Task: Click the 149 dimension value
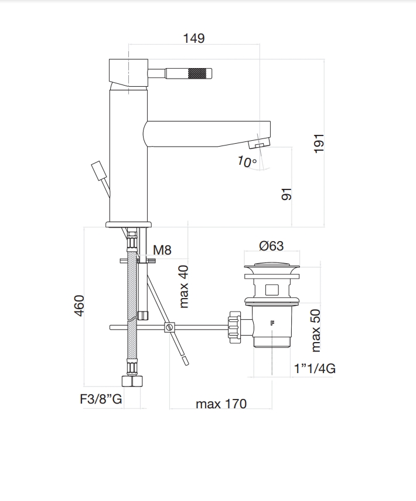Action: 193,39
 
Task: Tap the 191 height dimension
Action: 319,143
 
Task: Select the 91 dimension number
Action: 287,194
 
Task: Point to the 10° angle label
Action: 247,161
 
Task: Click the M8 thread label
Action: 162,250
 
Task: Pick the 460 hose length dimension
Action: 80,305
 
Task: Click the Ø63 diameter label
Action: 271,246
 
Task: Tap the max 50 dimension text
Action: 316,330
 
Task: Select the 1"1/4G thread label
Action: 315,368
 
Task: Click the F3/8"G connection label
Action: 101,400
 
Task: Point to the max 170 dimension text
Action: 221,404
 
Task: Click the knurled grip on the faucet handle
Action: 199,75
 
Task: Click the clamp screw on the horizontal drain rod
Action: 169,327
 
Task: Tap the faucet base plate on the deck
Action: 128,224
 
